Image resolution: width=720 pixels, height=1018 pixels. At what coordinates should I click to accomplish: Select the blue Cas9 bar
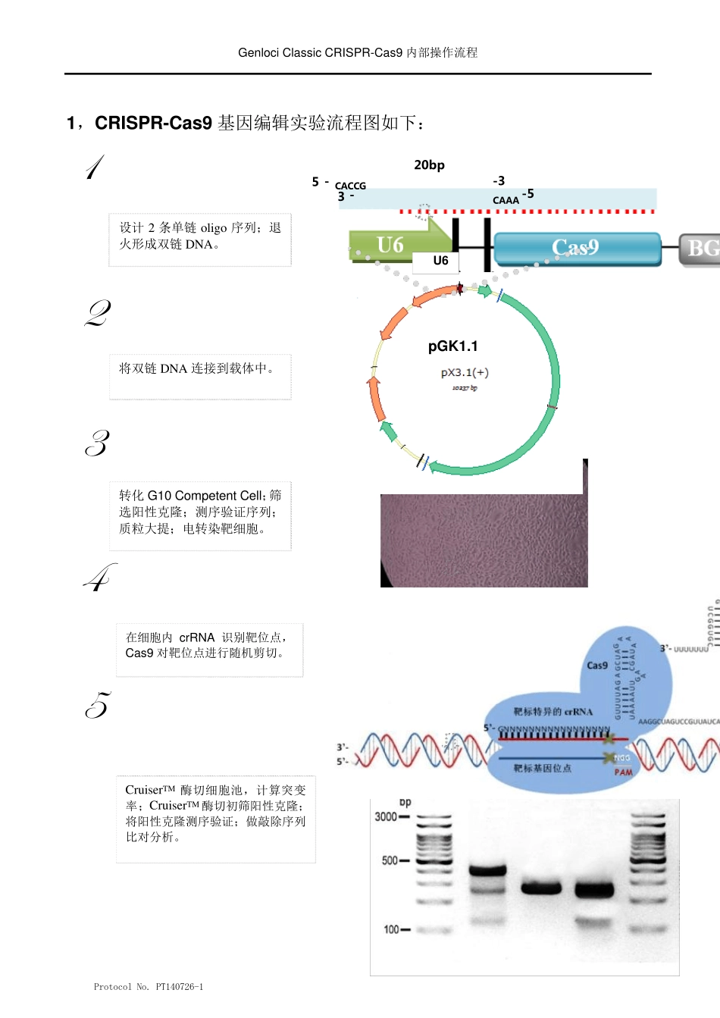pos(576,248)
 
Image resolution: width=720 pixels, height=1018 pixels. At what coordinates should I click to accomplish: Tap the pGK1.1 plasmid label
pos(452,346)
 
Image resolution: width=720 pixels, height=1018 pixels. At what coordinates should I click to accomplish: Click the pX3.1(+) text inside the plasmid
pos(465,372)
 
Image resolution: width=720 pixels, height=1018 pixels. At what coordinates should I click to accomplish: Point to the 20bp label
pos(429,165)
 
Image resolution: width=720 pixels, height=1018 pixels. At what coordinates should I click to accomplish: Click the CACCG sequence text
pos(350,186)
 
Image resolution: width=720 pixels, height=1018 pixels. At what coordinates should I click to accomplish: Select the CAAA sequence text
pos(506,200)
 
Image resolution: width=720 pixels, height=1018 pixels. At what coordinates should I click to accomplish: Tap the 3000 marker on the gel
pos(386,816)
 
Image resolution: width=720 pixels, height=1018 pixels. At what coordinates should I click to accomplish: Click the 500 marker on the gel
pos(390,860)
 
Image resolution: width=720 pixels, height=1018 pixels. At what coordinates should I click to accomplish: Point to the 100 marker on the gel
pos(391,929)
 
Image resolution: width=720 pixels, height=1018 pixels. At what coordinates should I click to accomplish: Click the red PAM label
pos(623,772)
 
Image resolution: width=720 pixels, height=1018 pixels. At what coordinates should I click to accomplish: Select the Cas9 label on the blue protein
pos(597,666)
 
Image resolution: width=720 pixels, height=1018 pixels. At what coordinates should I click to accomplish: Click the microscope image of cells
pos(484,540)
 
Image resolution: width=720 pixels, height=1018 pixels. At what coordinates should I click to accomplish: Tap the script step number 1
pos(95,168)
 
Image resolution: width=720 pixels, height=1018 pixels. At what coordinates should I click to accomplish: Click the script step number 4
pos(100,578)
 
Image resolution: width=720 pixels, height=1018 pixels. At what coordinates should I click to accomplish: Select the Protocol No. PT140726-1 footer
pos(149,987)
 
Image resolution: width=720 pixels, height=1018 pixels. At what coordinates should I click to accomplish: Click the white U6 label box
pos(440,261)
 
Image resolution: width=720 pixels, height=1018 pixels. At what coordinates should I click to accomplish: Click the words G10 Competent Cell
pos(206,496)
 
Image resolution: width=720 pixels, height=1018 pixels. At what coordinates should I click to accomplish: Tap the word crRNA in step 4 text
pos(197,637)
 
